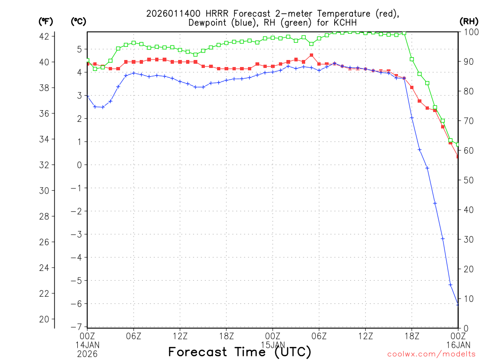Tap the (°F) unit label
[x=46, y=22]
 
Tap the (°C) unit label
[x=78, y=22]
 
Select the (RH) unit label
[x=468, y=22]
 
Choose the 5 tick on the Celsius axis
[x=79, y=49]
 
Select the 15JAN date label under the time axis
[x=273, y=345]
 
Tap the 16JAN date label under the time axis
[x=458, y=345]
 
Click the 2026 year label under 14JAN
[x=87, y=353]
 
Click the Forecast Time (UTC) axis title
[x=240, y=352]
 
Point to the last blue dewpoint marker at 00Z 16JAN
[x=458, y=305]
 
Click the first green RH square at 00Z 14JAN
[x=87, y=60]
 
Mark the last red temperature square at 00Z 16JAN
[x=458, y=157]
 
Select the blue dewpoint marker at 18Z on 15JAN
[x=412, y=118]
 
